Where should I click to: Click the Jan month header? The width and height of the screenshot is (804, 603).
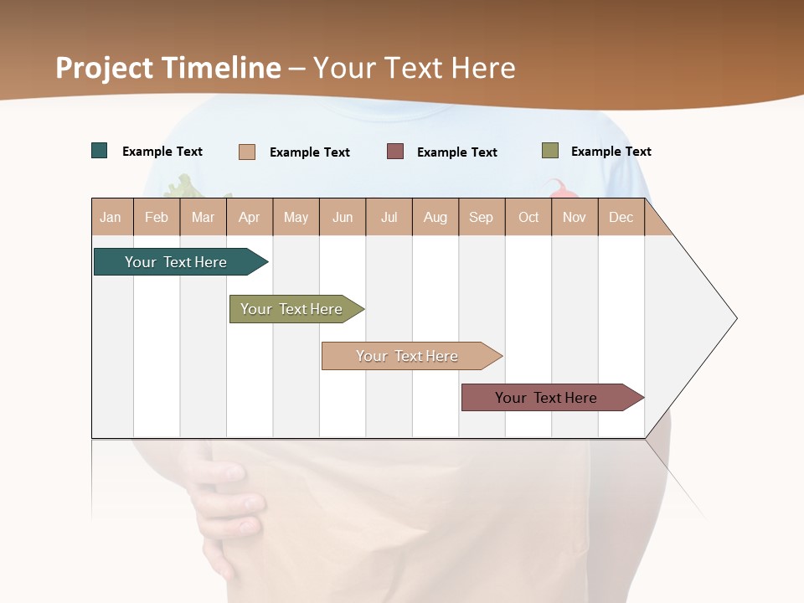coord(111,217)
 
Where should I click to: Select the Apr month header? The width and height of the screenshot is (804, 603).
coord(249,217)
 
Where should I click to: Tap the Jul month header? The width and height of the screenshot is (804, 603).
coord(389,217)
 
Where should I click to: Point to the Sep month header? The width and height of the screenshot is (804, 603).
coord(481,217)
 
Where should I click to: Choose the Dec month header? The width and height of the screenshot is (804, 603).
coord(621,217)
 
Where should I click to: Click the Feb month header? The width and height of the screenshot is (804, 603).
coord(157,217)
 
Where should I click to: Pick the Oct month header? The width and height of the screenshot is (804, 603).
coord(528,217)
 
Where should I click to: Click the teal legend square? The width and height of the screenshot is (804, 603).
coord(100,151)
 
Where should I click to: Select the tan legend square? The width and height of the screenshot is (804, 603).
coord(247,152)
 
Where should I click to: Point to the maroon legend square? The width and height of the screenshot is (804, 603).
coord(395,152)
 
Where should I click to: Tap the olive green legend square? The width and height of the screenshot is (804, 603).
coord(550,151)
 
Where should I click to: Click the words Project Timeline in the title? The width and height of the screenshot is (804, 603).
coord(168,68)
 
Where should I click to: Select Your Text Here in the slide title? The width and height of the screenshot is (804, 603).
coord(415,68)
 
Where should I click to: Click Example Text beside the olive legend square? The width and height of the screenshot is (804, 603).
coord(611,152)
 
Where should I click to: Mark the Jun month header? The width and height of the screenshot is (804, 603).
coord(343,217)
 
